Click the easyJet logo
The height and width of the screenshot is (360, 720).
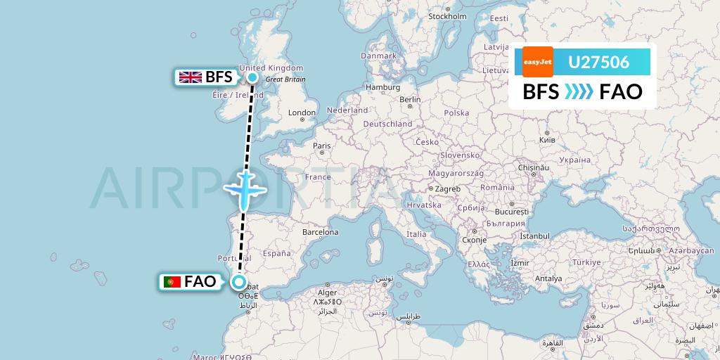pyautogui.click(x=538, y=62)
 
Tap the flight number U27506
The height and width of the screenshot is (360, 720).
pyautogui.click(x=598, y=63)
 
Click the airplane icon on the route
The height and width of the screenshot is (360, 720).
pyautogui.click(x=244, y=188)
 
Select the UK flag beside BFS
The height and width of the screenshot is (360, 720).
pyautogui.click(x=190, y=77)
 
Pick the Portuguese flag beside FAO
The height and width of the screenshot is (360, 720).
pyautogui.click(x=172, y=283)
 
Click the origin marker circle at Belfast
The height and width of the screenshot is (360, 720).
pyautogui.click(x=252, y=77)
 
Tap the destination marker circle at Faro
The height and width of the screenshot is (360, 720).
pyautogui.click(x=239, y=283)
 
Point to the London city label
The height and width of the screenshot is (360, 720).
pyautogui.click(x=302, y=112)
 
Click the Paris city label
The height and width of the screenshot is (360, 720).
pyautogui.click(x=321, y=146)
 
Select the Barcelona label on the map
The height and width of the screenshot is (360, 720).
pyautogui.click(x=320, y=232)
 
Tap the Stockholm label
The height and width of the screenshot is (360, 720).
pyautogui.click(x=448, y=16)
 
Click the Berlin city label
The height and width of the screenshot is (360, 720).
pyautogui.click(x=410, y=100)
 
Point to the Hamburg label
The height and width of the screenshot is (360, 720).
pyautogui.click(x=382, y=87)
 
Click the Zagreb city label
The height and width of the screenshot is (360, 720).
pyautogui.click(x=447, y=188)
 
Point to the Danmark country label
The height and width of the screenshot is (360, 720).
pyautogui.click(x=378, y=56)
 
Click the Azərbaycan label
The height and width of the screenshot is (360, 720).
pyautogui.click(x=691, y=251)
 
